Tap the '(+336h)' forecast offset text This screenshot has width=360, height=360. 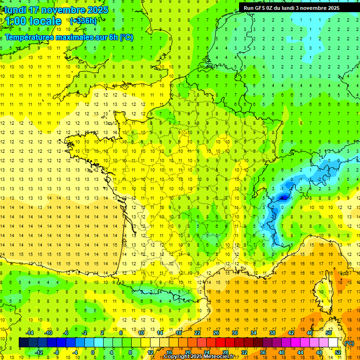click(x=83, y=21)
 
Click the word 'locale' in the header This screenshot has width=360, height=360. click(x=45, y=21)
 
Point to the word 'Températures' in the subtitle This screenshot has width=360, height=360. click(x=28, y=37)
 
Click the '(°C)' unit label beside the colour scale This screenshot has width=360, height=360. click(x=349, y=343)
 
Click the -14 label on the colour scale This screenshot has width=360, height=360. click(x=30, y=333)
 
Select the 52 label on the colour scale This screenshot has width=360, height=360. click(x=337, y=352)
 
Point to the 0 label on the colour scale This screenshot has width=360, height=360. click(x=93, y=352)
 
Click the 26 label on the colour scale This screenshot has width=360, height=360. click(x=216, y=333)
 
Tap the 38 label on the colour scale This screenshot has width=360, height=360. click(x=272, y=333)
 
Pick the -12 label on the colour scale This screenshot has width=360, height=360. click(x=40, y=352)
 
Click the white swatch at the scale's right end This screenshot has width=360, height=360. click(x=333, y=343)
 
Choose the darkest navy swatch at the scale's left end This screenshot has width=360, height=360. click(x=23, y=343)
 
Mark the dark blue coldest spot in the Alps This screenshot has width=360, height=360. click(x=283, y=198)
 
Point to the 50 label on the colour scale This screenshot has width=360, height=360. click(x=328, y=333)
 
